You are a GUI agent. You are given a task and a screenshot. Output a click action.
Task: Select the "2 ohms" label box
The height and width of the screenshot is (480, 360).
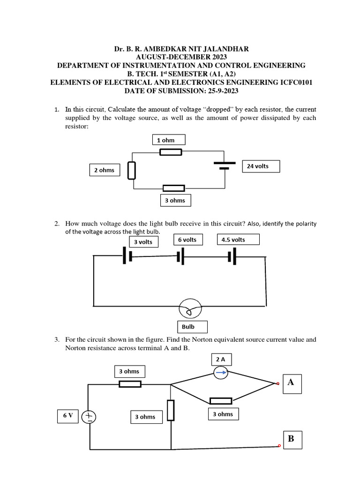point(104,170)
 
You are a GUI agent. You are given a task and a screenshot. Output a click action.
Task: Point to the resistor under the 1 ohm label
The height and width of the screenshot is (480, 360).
point(171,152)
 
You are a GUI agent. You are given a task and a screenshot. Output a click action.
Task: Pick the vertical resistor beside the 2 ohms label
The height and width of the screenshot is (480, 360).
point(132,171)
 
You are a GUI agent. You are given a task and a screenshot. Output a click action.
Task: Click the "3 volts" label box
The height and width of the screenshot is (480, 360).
point(143,242)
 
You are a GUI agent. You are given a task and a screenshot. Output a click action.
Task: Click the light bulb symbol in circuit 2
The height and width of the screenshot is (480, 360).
point(190,309)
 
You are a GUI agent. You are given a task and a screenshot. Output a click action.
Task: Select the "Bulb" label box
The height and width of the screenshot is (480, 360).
point(192,327)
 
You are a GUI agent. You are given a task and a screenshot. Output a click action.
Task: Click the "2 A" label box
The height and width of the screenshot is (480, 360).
point(221,360)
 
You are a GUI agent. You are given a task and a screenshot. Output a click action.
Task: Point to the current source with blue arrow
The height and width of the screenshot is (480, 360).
point(221,373)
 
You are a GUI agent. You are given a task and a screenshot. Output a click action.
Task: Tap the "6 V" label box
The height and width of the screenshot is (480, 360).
point(68,416)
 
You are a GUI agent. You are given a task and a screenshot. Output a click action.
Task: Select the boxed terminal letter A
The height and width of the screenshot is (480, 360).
point(291,382)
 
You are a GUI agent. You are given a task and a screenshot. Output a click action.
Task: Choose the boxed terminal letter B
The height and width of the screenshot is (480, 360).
point(291,439)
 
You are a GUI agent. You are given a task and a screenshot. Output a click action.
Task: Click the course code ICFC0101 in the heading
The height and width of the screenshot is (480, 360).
point(291,82)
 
